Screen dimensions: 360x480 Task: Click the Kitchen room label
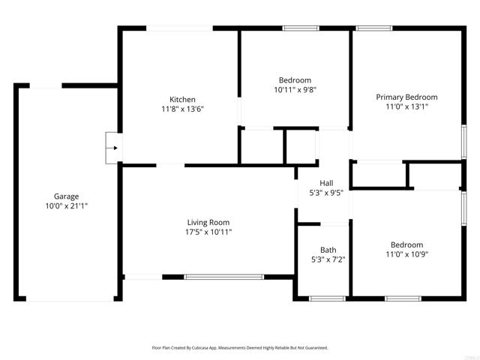click(182, 100)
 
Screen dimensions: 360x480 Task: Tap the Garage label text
click(66, 196)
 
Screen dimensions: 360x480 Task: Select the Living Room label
click(208, 222)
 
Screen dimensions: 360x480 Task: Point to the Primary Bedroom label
click(406, 97)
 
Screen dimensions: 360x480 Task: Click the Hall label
click(326, 183)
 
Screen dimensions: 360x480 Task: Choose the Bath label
click(328, 250)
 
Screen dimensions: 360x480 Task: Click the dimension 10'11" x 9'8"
click(295, 90)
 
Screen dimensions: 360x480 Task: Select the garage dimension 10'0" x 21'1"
click(66, 205)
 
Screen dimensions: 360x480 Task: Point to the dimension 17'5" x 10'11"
click(208, 232)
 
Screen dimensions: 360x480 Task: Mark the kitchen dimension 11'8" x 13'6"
click(182, 109)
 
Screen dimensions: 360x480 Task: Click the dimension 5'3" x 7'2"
click(328, 259)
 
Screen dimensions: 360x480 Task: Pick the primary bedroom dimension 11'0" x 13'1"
click(406, 106)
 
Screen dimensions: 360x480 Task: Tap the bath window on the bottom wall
click(325, 298)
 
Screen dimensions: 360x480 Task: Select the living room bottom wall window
click(224, 277)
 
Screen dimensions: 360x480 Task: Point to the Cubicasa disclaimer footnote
click(240, 348)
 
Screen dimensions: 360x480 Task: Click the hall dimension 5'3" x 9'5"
click(326, 193)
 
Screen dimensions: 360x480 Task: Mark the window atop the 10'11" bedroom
click(298, 28)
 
